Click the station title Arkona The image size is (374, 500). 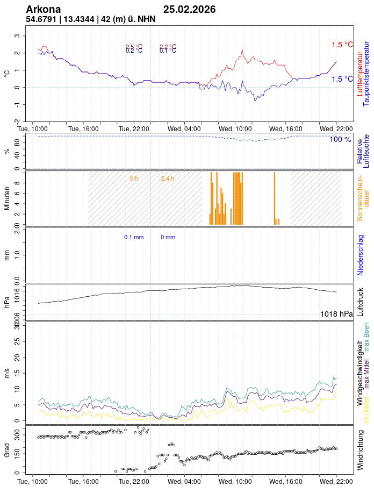point(44,10)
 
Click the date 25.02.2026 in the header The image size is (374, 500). point(190,10)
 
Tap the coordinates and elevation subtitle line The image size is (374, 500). point(91,19)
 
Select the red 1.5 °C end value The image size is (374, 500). point(342,45)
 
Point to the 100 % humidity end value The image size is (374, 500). point(340,140)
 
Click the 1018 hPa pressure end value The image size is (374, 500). point(336,314)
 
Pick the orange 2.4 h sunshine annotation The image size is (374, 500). point(168,178)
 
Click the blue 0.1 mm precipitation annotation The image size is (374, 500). point(134,237)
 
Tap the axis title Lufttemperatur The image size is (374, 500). point(359,74)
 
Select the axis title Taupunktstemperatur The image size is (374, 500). point(366,74)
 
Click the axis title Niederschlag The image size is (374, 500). point(361,255)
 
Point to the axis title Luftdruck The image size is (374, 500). point(361,302)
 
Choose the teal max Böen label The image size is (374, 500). point(366,337)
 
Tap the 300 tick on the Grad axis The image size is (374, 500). point(16,431)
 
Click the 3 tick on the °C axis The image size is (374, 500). point(17,36)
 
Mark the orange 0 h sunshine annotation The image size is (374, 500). point(134,178)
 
